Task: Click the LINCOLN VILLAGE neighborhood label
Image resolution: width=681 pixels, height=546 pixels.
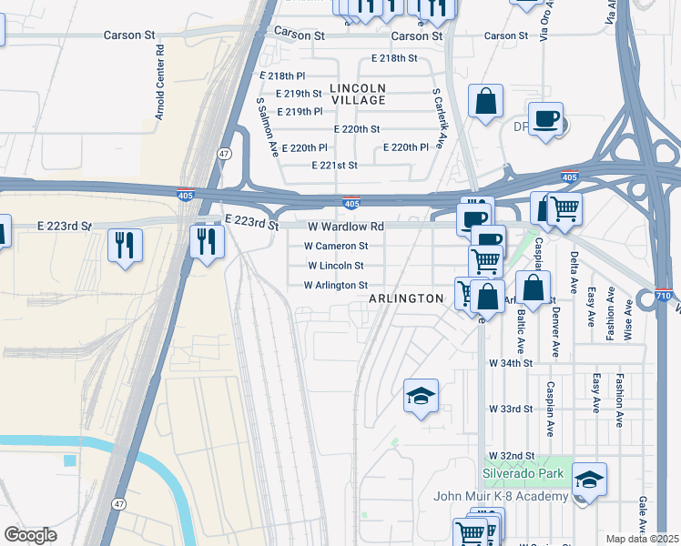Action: [358, 94]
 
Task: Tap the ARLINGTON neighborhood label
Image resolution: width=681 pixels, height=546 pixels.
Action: [406, 298]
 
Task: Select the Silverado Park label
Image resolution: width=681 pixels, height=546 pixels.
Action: [523, 474]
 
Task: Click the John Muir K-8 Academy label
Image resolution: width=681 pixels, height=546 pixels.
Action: [514, 496]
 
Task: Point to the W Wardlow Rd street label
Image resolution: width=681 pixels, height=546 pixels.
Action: [346, 227]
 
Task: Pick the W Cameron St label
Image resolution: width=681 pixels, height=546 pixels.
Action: [336, 246]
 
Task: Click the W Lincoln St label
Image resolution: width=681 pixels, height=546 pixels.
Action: [336, 266]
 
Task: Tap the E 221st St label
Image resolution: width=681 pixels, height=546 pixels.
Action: [334, 166]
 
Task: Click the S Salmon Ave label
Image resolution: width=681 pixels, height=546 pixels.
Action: [266, 127]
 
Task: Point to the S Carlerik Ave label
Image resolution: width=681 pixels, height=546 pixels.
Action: [438, 118]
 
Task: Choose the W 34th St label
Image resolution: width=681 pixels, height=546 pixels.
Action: [510, 362]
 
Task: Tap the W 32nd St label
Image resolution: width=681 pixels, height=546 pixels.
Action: [510, 454]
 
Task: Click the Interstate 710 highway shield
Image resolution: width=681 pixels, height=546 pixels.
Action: [666, 297]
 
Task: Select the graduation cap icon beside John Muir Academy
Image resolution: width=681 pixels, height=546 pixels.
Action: [589, 480]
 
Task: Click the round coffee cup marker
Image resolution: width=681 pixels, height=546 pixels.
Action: [545, 119]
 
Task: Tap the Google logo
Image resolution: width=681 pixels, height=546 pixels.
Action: [30, 534]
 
